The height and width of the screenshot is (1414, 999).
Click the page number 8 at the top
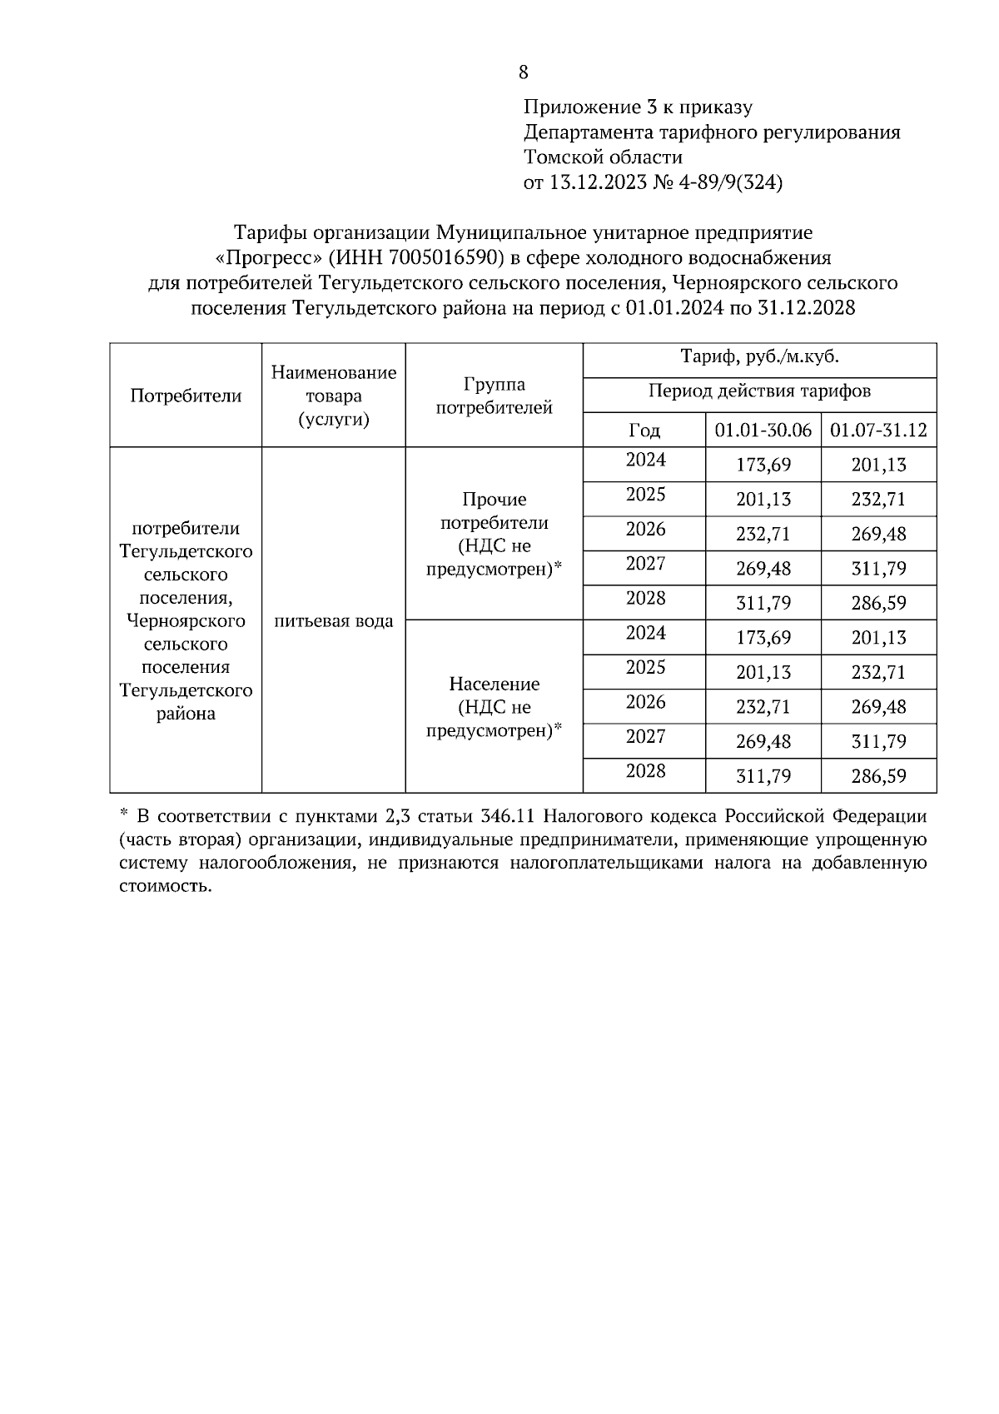(x=523, y=72)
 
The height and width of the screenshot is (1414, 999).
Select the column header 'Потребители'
(x=186, y=396)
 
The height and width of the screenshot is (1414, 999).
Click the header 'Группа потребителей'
(x=494, y=396)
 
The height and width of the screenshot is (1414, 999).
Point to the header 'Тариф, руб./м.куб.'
(x=759, y=358)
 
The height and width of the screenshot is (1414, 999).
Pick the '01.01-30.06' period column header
(x=763, y=431)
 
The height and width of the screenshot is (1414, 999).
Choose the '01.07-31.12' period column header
(x=878, y=431)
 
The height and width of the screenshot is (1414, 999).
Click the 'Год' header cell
(x=644, y=431)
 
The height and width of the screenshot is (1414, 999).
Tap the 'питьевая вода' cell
(x=333, y=621)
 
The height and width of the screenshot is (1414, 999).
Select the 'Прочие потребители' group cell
(x=494, y=534)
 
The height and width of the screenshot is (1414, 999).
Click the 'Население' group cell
(x=494, y=707)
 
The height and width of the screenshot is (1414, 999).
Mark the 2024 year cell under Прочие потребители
(x=645, y=461)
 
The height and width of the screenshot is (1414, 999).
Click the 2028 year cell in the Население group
(x=645, y=771)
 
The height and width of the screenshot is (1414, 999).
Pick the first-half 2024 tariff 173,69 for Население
(x=763, y=638)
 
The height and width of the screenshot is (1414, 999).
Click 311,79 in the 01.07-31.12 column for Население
(x=878, y=742)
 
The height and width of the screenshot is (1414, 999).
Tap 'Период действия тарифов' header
(x=759, y=391)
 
